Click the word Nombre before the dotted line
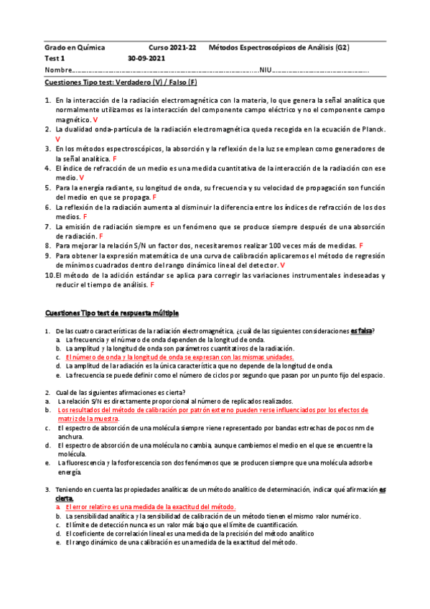(58, 70)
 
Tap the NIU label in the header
(266, 70)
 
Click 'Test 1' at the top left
(55, 58)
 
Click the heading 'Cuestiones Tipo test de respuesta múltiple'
(111, 313)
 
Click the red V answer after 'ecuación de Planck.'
(57, 139)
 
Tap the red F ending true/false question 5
(155, 197)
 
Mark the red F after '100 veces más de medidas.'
(361, 245)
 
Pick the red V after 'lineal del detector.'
(282, 265)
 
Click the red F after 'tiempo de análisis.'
(113, 284)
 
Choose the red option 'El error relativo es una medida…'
(150, 507)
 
